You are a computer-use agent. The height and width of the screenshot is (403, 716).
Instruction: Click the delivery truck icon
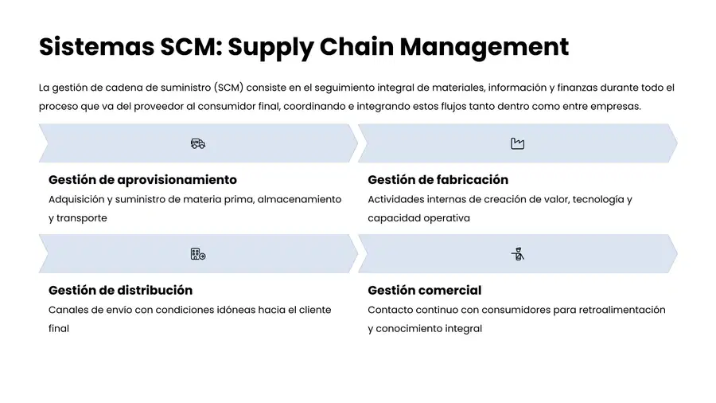click(198, 143)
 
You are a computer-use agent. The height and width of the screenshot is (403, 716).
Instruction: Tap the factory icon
click(517, 143)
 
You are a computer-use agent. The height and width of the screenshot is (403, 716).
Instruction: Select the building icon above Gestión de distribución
click(198, 254)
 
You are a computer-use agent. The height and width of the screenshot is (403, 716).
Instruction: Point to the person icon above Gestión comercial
click(517, 253)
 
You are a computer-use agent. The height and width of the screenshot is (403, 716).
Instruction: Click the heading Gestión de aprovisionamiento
click(142, 180)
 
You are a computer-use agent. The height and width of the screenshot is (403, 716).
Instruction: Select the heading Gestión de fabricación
click(438, 180)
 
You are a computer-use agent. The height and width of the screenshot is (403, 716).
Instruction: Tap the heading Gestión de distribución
click(121, 291)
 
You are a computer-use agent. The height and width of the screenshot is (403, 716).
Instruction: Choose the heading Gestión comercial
click(425, 291)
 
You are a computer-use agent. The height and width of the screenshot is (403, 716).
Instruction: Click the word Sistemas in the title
click(96, 47)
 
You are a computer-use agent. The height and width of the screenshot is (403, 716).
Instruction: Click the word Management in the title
click(484, 48)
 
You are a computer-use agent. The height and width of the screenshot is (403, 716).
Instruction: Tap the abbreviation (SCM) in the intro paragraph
click(228, 88)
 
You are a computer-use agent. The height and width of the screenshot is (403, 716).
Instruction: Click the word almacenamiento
click(300, 200)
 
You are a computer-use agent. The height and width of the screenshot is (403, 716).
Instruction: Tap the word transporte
click(82, 218)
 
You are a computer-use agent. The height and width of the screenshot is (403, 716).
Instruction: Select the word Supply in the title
click(270, 48)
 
